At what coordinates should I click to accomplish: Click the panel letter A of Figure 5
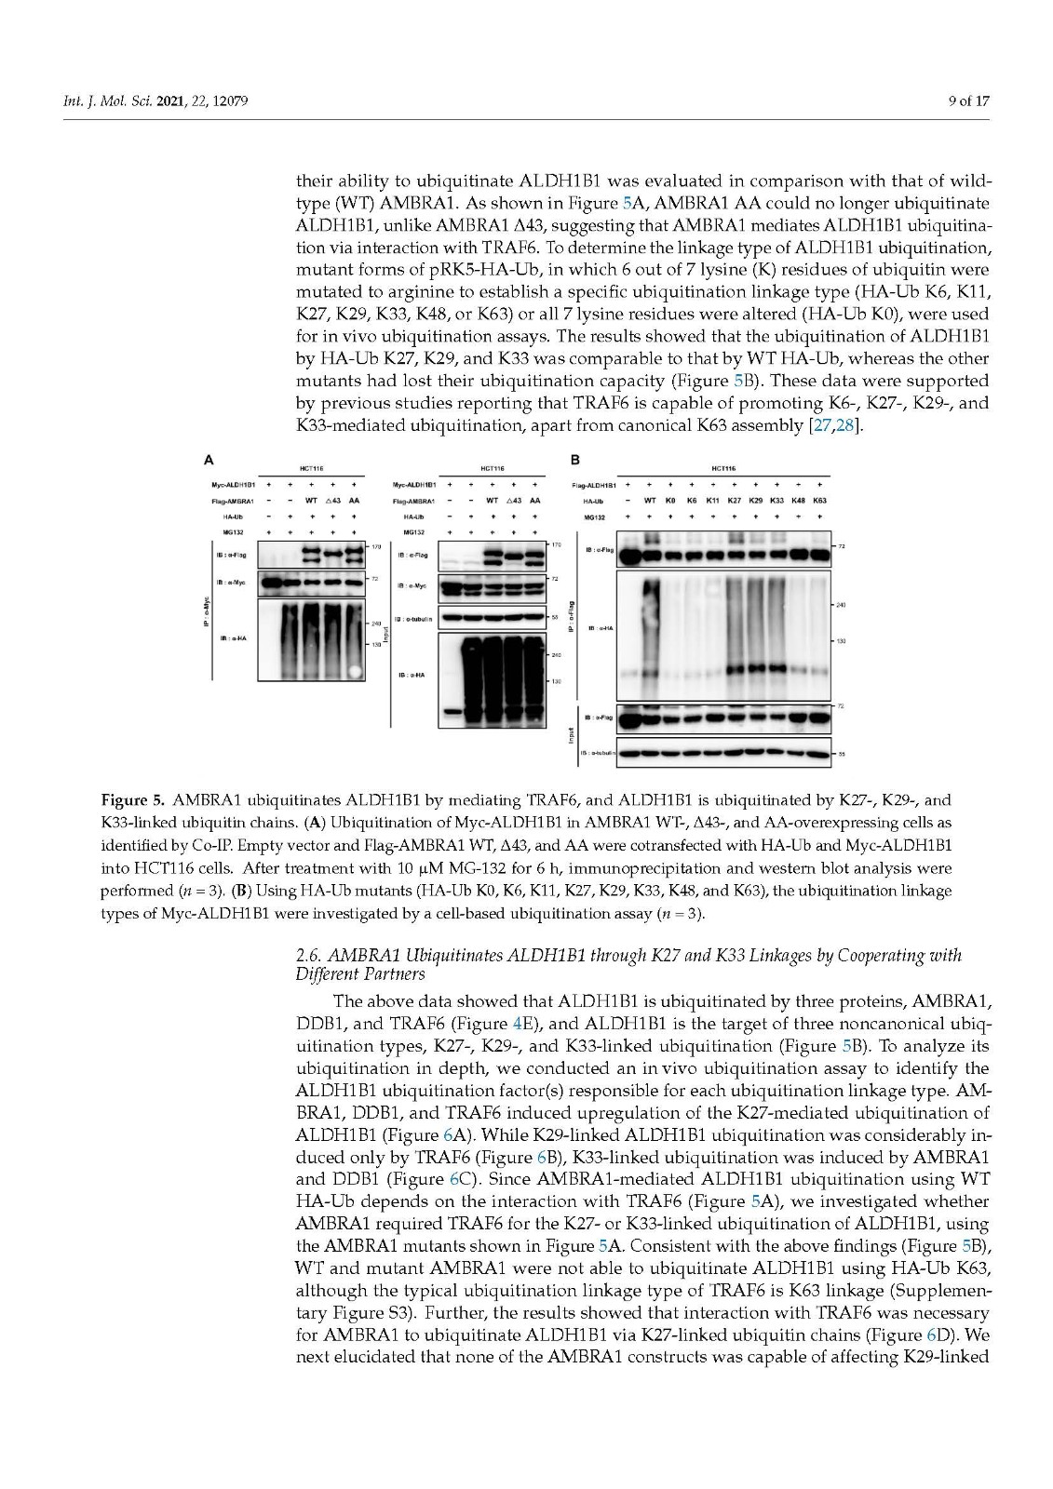point(209,459)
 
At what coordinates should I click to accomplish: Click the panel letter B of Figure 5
point(574,459)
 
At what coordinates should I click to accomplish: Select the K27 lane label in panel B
point(734,500)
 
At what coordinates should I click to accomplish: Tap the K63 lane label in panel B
point(819,500)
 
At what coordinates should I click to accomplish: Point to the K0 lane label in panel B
point(670,500)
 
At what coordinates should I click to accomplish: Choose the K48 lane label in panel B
point(798,500)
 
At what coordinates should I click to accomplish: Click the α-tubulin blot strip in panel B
point(725,752)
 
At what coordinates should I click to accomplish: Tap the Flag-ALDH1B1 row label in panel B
point(594,485)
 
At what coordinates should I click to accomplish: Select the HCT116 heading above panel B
point(722,469)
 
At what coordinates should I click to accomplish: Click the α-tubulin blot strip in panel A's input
point(493,618)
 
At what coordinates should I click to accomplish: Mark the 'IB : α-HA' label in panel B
point(600,629)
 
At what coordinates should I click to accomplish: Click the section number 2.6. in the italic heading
point(309,956)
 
